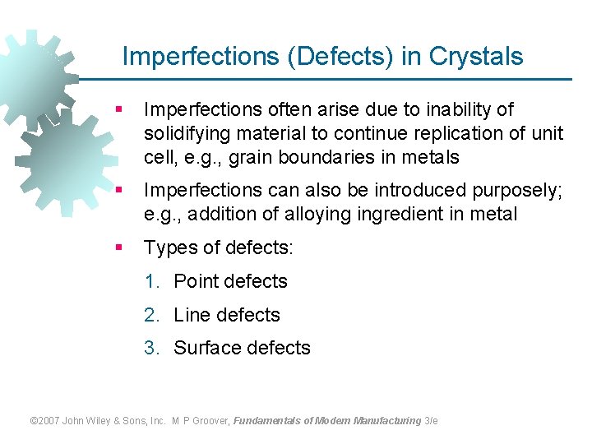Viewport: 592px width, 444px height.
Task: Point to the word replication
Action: pyautogui.click(x=445, y=133)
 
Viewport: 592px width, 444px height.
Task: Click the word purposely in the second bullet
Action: pyautogui.click(x=517, y=190)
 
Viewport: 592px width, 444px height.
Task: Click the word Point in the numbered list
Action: pyautogui.click(x=197, y=281)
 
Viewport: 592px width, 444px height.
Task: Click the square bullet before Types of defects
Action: pyautogui.click(x=120, y=247)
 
